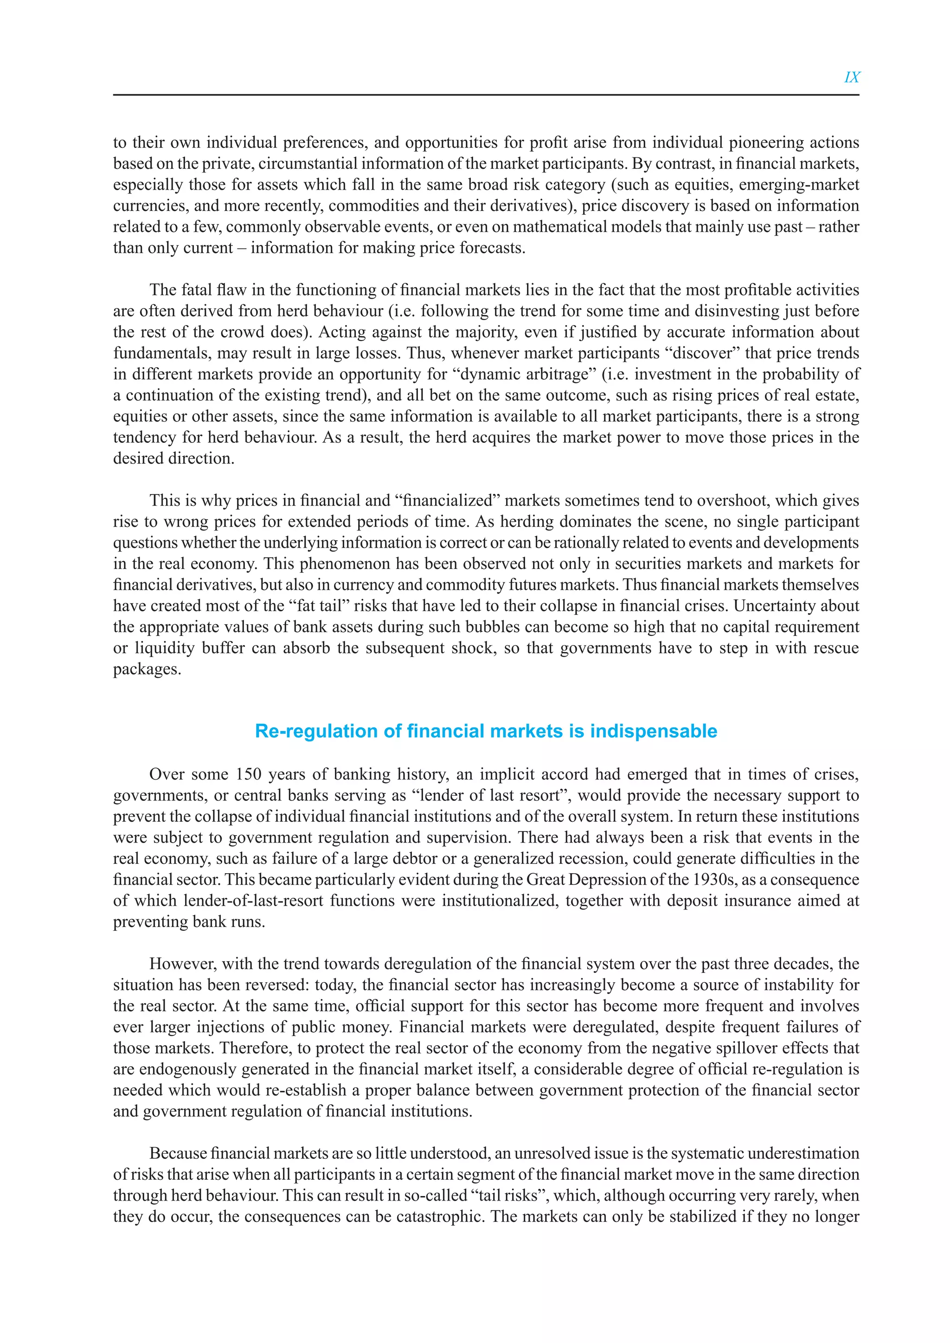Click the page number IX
(852, 77)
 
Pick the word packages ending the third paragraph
(147, 669)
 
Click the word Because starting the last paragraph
(178, 1153)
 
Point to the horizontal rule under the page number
(486, 95)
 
